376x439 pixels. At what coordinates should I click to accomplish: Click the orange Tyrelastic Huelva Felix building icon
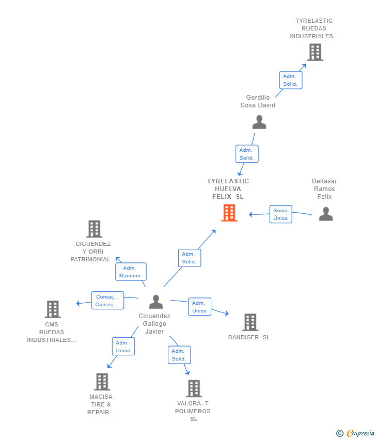tap(229, 213)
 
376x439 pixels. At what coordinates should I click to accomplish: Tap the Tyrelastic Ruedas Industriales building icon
tap(315, 52)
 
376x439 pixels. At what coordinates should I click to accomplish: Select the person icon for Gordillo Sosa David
tap(259, 122)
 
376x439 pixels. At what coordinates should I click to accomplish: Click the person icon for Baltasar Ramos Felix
tap(325, 214)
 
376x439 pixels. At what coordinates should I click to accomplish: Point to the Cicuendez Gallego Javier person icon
tap(155, 302)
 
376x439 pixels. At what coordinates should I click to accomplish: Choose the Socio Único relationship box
tap(280, 214)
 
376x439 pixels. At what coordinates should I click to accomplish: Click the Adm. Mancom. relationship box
tap(131, 272)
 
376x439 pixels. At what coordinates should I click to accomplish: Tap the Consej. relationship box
tap(107, 301)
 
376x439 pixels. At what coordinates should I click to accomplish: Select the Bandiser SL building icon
tap(250, 322)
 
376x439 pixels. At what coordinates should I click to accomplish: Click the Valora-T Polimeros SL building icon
tap(194, 388)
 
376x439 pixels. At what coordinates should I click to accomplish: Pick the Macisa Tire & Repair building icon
tap(102, 382)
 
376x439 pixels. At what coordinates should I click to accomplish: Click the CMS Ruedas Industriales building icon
tap(52, 309)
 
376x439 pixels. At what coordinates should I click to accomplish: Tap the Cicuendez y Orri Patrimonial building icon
tap(93, 229)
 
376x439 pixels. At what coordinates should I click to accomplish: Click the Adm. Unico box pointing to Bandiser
tap(199, 307)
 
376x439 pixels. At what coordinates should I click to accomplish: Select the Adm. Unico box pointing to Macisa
tap(123, 347)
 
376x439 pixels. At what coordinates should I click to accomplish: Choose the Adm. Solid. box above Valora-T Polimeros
tap(179, 355)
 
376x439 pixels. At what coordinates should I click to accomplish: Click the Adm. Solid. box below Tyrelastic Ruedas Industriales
tap(290, 80)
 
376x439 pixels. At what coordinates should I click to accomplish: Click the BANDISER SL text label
tap(249, 337)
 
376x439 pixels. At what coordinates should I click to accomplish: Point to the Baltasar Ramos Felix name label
tap(324, 189)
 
